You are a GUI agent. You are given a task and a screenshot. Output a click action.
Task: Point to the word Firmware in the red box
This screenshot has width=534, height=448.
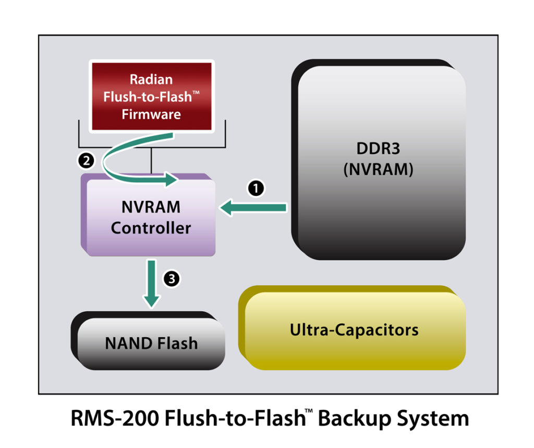point(151,114)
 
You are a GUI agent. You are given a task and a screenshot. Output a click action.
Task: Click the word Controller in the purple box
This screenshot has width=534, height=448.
point(151,228)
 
